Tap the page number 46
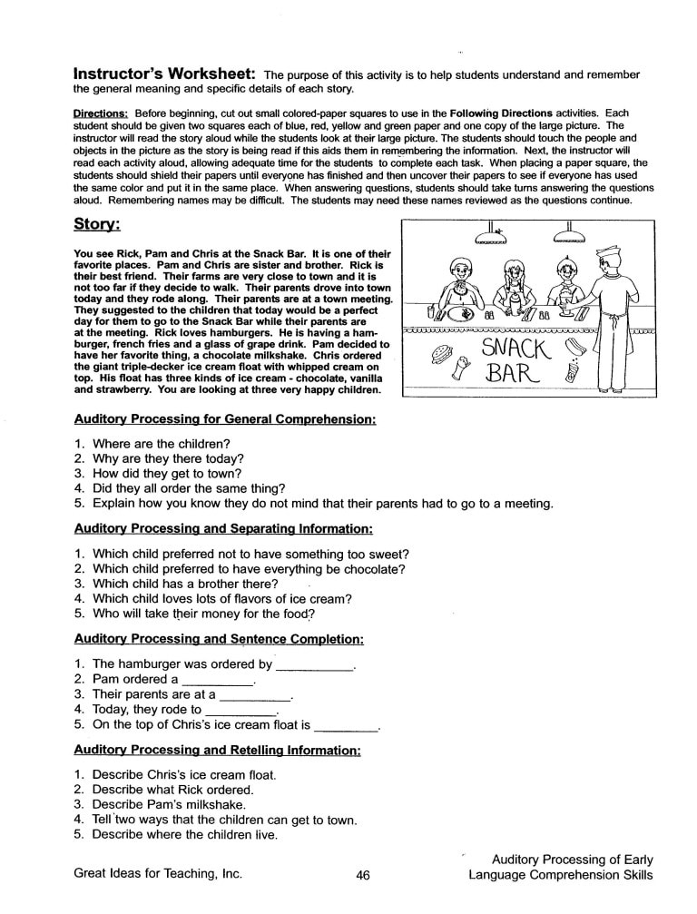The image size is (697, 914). coord(363,875)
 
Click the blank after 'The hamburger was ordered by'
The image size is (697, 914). coord(314,665)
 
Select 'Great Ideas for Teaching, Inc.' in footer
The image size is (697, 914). coord(158,874)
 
